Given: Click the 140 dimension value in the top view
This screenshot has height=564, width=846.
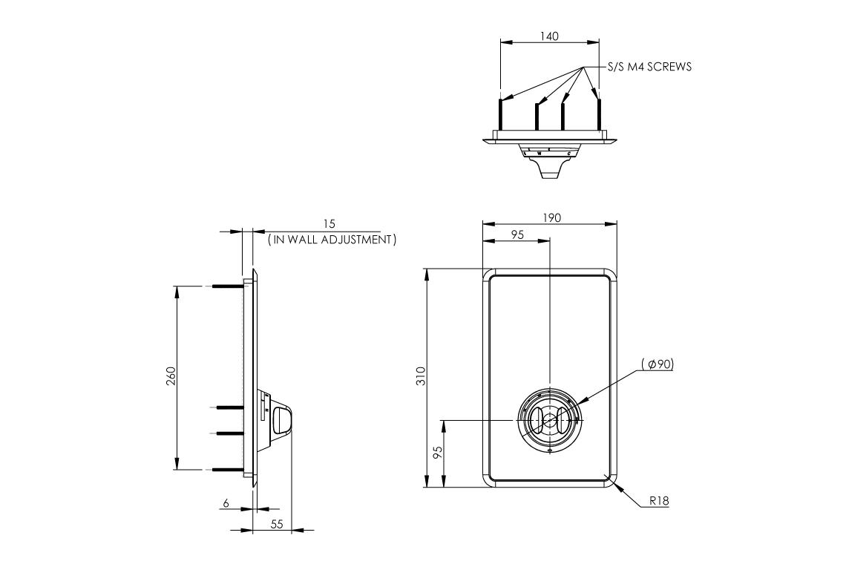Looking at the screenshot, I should pos(550,36).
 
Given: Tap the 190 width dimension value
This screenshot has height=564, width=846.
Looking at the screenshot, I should pos(551,217).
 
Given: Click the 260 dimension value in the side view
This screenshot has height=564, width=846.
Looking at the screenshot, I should pos(170,377).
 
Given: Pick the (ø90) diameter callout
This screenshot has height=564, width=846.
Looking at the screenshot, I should pos(658,364).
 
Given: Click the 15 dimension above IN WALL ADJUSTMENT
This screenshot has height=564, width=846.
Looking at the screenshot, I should pos(329,223).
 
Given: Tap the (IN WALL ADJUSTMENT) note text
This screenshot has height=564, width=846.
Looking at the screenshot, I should pos(332,240).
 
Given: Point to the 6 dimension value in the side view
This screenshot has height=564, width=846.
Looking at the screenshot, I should pos(226,503).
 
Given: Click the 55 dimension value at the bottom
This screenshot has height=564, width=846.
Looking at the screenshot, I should pos(277,524).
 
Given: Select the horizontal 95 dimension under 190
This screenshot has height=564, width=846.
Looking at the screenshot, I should pos(517,235).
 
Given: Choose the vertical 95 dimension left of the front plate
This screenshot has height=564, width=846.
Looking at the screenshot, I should pos(438,453).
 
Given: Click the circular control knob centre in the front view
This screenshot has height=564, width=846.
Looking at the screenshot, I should pos(549,421).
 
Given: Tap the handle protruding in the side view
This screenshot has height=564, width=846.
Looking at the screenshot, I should pos(282,419).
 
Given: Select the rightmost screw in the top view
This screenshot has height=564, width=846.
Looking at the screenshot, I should pos(599,115).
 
